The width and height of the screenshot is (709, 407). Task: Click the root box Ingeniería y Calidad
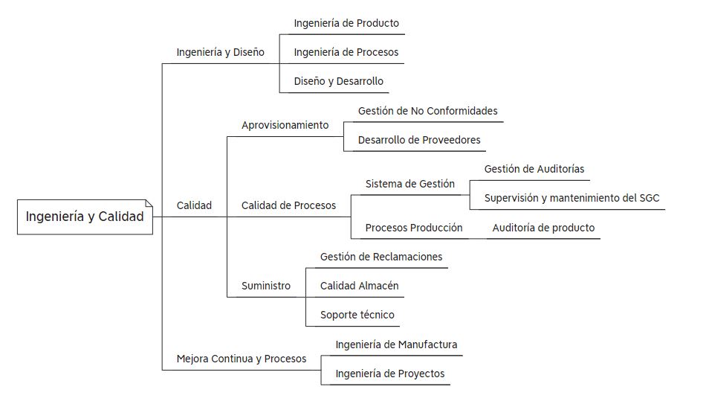click(x=85, y=217)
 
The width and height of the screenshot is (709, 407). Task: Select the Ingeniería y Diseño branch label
click(x=220, y=53)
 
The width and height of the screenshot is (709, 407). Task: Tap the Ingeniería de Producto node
click(x=346, y=24)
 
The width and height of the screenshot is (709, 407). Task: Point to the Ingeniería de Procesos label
click(x=346, y=53)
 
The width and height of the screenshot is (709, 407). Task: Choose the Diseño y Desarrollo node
click(x=339, y=82)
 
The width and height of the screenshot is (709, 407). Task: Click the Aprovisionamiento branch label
click(x=285, y=126)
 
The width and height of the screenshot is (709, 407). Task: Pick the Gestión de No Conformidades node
click(x=428, y=111)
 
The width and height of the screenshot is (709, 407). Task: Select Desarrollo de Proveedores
click(x=419, y=140)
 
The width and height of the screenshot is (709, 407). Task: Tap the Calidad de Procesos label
click(x=288, y=205)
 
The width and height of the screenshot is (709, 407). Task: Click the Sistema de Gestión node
click(x=410, y=184)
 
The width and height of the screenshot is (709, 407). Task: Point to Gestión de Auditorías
click(x=534, y=170)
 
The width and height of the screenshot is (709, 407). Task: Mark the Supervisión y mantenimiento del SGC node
click(x=572, y=199)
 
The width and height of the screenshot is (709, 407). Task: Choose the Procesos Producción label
click(x=414, y=228)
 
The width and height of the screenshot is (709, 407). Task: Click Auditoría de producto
click(x=543, y=228)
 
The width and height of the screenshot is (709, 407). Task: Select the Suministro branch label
click(x=266, y=286)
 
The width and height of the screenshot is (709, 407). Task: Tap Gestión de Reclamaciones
click(x=381, y=257)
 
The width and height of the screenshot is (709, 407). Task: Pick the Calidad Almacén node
click(x=360, y=286)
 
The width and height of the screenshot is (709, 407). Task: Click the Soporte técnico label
click(x=357, y=315)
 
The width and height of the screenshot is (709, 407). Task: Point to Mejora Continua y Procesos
click(x=242, y=359)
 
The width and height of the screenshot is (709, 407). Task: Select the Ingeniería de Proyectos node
click(x=389, y=374)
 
